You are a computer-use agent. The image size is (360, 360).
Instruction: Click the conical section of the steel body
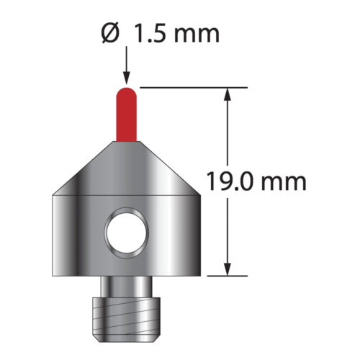tap(127, 169)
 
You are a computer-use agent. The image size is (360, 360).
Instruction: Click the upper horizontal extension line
tap(194, 87)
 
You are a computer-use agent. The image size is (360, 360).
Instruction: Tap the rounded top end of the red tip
tap(127, 90)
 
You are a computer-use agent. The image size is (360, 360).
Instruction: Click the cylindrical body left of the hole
tap(79, 234)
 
